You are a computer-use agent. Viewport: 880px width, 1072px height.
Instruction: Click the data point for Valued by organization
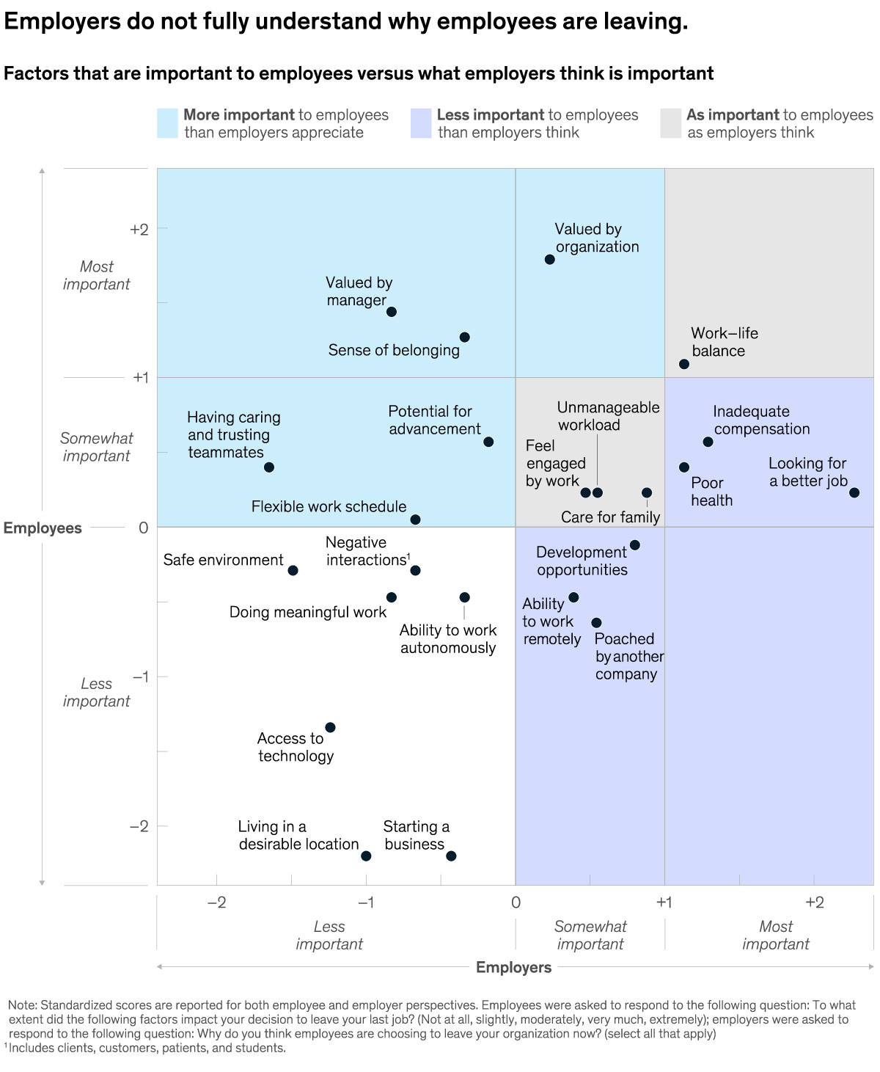[549, 260]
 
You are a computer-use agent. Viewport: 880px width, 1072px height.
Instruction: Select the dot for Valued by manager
[392, 312]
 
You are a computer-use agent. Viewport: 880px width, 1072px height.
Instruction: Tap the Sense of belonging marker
[464, 338]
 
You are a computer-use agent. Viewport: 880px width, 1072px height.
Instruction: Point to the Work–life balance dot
[684, 364]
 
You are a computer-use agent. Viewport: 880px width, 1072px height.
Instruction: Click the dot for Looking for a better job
[854, 492]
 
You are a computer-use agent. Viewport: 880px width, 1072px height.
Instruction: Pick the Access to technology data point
[330, 727]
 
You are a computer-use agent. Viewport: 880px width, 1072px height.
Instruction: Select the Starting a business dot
[451, 856]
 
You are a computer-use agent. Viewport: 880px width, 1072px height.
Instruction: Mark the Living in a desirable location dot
[366, 856]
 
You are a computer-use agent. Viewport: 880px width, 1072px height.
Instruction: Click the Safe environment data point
[293, 570]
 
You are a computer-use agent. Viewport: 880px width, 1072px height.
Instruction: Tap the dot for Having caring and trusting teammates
[269, 467]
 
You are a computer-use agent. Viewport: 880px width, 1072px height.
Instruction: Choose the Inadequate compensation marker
[708, 442]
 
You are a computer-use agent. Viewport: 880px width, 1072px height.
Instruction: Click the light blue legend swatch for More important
[167, 123]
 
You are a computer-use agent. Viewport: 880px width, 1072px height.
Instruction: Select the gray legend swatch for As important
[670, 123]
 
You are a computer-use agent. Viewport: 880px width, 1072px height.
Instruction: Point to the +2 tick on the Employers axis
[814, 902]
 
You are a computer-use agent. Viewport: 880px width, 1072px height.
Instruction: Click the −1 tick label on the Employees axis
[140, 676]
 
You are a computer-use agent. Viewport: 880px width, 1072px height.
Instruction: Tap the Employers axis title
[513, 967]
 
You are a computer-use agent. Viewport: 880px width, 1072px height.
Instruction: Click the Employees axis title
[43, 528]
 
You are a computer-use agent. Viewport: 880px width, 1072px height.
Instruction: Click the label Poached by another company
[628, 657]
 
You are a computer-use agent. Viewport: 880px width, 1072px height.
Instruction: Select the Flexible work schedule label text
[329, 506]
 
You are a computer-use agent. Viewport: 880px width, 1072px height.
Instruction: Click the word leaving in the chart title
[643, 21]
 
